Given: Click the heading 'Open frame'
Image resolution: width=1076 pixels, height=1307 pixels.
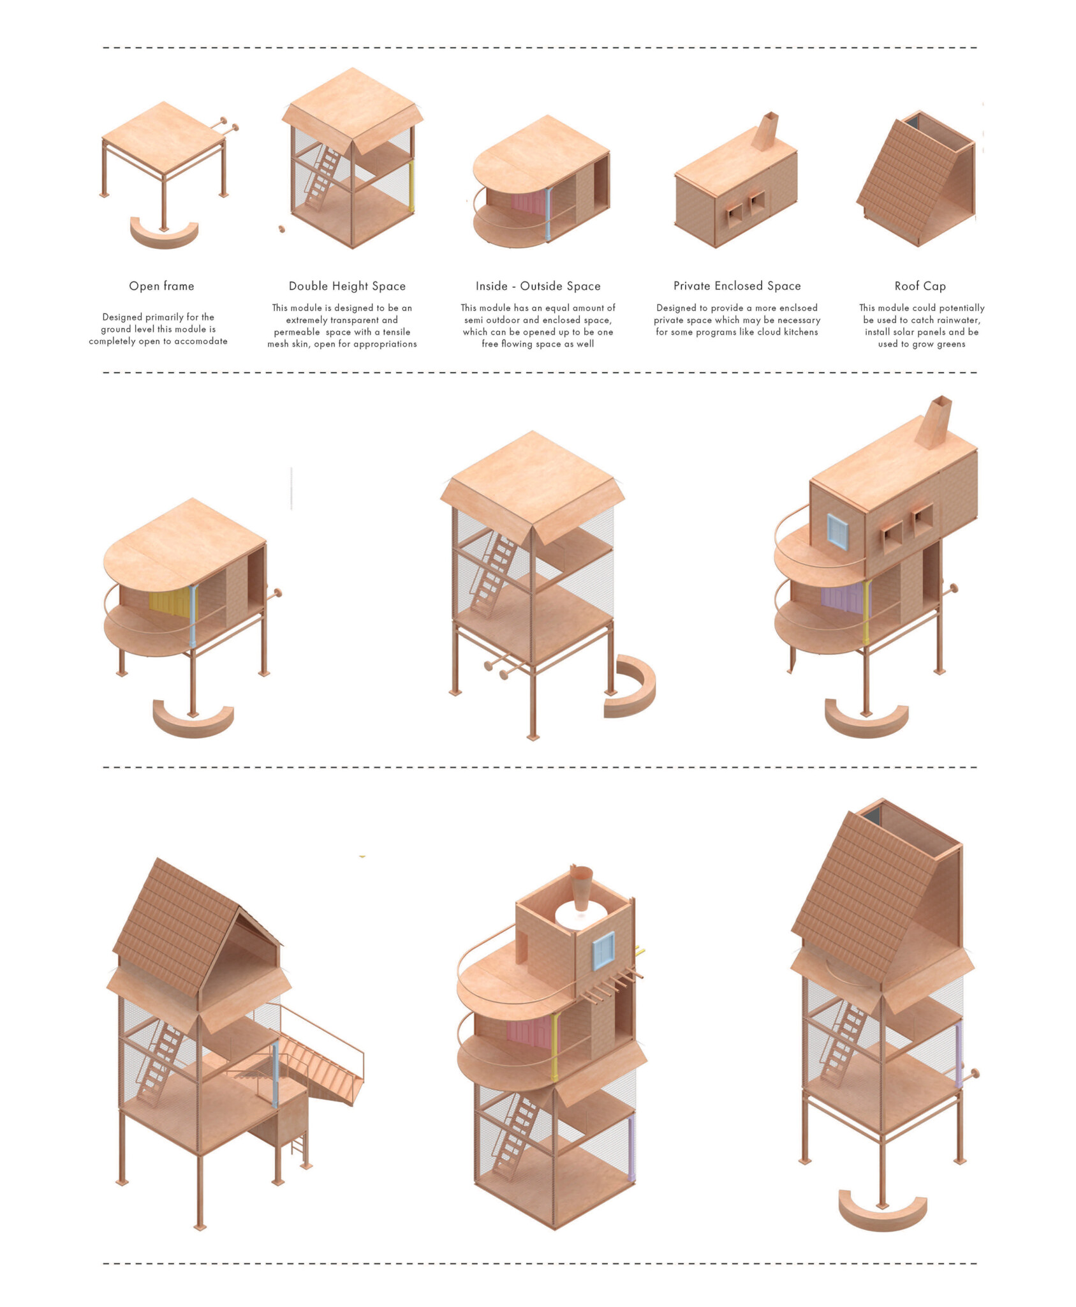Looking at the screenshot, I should (161, 286).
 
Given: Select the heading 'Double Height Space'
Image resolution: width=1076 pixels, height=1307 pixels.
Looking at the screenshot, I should (347, 286).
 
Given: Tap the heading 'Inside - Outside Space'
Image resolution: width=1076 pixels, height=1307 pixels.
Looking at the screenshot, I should (538, 286).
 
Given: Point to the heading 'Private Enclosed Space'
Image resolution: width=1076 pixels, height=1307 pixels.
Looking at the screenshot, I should (737, 286).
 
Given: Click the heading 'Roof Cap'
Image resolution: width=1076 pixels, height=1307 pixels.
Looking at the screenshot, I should (920, 286).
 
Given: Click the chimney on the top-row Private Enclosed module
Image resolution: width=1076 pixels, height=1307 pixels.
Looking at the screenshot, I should (765, 131).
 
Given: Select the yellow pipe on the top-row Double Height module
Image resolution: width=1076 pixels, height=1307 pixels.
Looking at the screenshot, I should (411, 186).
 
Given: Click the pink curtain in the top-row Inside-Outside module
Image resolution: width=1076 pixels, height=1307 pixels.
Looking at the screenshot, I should (529, 203).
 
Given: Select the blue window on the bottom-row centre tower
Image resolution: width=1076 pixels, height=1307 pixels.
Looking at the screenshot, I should (603, 950).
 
